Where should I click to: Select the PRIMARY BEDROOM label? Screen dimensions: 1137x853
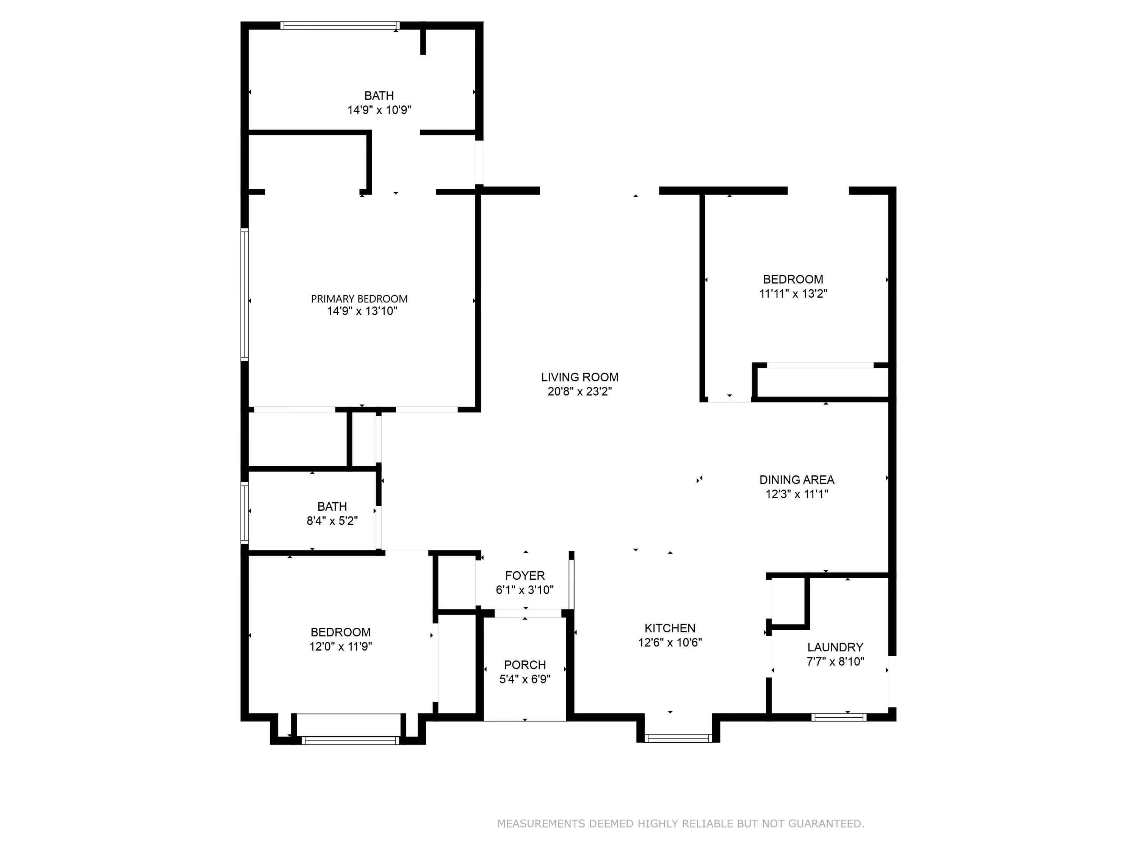click(359, 299)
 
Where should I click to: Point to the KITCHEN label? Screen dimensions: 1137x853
click(670, 628)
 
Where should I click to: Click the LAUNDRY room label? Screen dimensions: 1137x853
click(835, 648)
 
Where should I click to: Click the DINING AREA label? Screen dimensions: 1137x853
click(797, 480)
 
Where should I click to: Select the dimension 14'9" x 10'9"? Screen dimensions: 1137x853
click(379, 110)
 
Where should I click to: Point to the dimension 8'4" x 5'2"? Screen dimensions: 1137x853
click(332, 521)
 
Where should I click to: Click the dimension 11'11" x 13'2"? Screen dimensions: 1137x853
click(793, 293)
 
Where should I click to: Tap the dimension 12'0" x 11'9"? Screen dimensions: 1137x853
click(340, 646)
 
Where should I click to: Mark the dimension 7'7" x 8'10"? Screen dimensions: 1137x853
click(835, 662)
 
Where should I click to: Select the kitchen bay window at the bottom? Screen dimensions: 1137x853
click(678, 739)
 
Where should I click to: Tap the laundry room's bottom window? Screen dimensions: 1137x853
click(839, 717)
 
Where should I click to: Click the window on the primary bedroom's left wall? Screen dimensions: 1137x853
click(245, 294)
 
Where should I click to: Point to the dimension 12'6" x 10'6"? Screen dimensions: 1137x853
click(670, 642)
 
